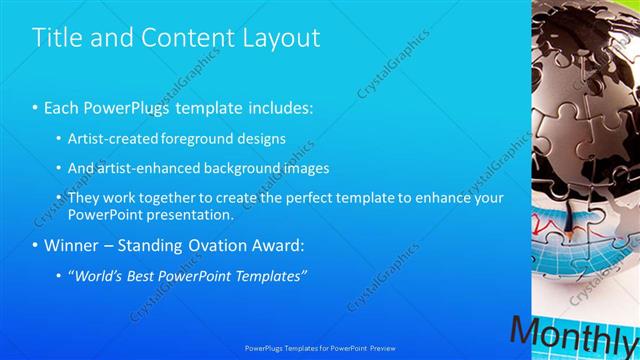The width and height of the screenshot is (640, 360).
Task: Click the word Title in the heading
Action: [55, 38]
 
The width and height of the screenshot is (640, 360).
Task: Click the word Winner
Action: [73, 245]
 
